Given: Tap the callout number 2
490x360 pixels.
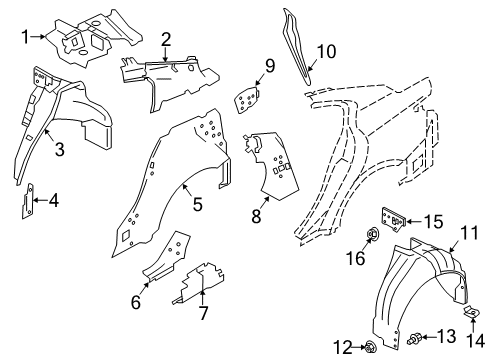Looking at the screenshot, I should click(165, 39).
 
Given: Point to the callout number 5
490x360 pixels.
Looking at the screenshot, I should click(197, 204).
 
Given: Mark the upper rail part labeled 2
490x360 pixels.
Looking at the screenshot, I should click(170, 74).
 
